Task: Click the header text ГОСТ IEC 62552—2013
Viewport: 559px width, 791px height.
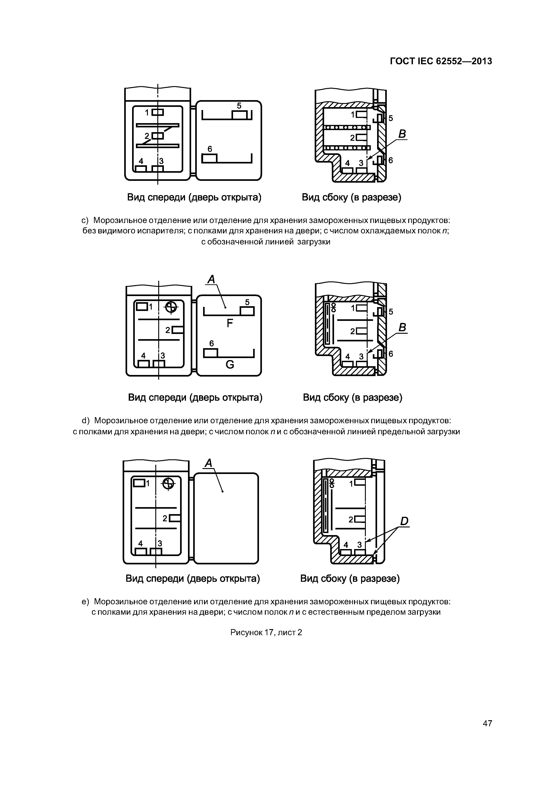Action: click(441, 61)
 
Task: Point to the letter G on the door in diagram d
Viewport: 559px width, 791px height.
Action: click(230, 364)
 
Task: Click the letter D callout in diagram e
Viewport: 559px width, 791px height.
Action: click(404, 521)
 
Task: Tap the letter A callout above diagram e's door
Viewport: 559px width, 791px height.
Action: click(208, 464)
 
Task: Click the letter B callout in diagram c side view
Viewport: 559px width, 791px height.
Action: click(402, 134)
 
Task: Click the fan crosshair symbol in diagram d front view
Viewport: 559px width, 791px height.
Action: click(171, 307)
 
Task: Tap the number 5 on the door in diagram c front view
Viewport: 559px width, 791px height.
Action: click(239, 106)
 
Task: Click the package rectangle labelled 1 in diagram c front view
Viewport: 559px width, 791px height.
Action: click(158, 112)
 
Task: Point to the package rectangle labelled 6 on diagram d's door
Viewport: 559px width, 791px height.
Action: click(211, 353)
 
